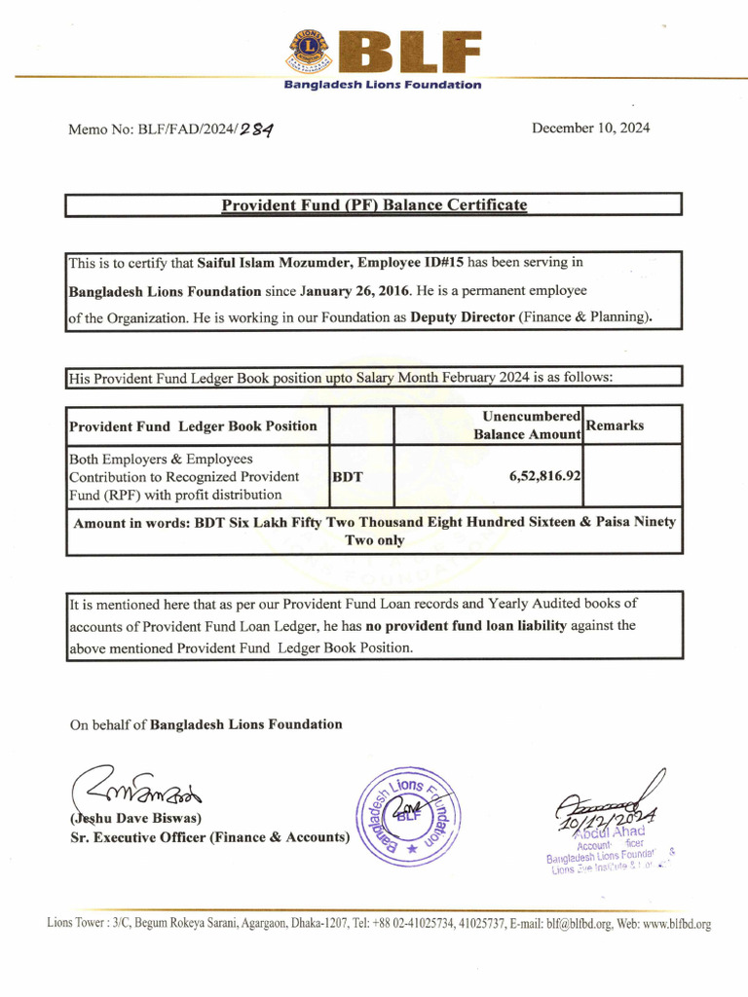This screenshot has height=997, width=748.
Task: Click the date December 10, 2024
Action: pyautogui.click(x=590, y=129)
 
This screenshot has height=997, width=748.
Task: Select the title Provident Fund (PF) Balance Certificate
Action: pyautogui.click(x=374, y=205)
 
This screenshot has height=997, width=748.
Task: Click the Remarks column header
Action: pyautogui.click(x=615, y=425)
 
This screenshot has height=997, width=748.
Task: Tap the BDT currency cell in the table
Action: pyautogui.click(x=348, y=478)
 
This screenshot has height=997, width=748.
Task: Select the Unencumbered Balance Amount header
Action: pyautogui.click(x=527, y=425)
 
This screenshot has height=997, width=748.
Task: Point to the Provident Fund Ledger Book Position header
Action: pyautogui.click(x=193, y=426)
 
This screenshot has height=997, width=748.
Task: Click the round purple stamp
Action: pyautogui.click(x=409, y=817)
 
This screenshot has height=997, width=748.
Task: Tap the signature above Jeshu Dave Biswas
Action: pyautogui.click(x=136, y=785)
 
